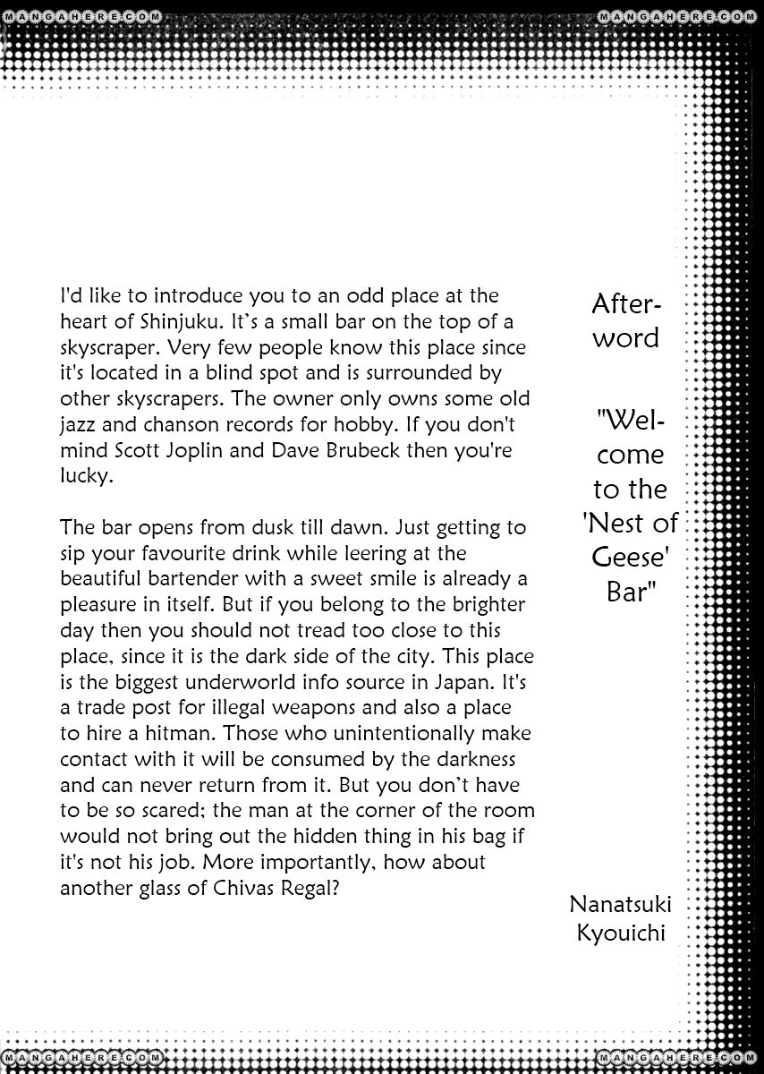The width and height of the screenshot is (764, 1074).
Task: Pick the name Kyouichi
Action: click(x=622, y=934)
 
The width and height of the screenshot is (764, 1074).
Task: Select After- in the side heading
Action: click(x=627, y=305)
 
